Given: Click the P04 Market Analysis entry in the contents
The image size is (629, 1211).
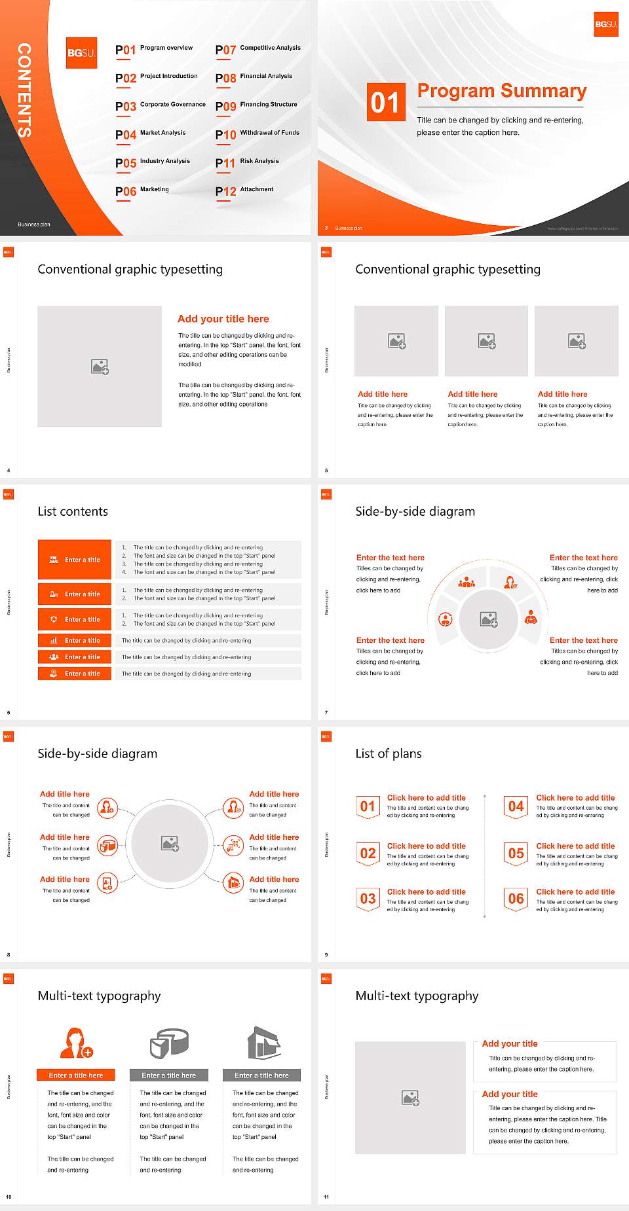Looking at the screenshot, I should pos(151,134).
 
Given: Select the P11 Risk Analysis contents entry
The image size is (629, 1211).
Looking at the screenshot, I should pos(247,162).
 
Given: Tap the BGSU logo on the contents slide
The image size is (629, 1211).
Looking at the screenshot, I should pos(82,53).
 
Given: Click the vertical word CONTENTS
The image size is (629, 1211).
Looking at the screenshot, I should pos(24,90).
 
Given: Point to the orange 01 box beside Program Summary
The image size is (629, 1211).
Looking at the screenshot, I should pos(385,102).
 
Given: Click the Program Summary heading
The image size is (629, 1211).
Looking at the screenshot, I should pos(501,91).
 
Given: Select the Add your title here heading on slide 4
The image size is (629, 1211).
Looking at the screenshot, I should pos(223,319).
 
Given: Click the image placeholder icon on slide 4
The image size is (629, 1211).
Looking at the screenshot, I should pos(100,367).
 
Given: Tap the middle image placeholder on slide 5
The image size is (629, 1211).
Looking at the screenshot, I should pos(486,341).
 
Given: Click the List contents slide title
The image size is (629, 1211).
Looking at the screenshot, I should pos(73,511).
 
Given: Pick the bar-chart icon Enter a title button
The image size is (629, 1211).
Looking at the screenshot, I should pos(75,641).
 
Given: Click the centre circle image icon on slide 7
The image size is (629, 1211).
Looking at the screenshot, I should pos(489,619).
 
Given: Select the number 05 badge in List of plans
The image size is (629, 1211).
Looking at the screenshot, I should pos(516,854).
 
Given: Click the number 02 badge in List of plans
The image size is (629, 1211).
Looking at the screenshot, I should pos(368,854).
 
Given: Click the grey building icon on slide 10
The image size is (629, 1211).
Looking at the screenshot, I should pos(263,1043).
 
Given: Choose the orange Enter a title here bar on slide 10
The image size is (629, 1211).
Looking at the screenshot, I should pos(76,1075).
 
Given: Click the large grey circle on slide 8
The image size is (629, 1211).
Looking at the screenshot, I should pos(170,843).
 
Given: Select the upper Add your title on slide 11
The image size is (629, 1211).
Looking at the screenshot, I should pos(510,1044).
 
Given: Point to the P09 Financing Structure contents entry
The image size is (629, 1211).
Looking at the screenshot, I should pos(257,106).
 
